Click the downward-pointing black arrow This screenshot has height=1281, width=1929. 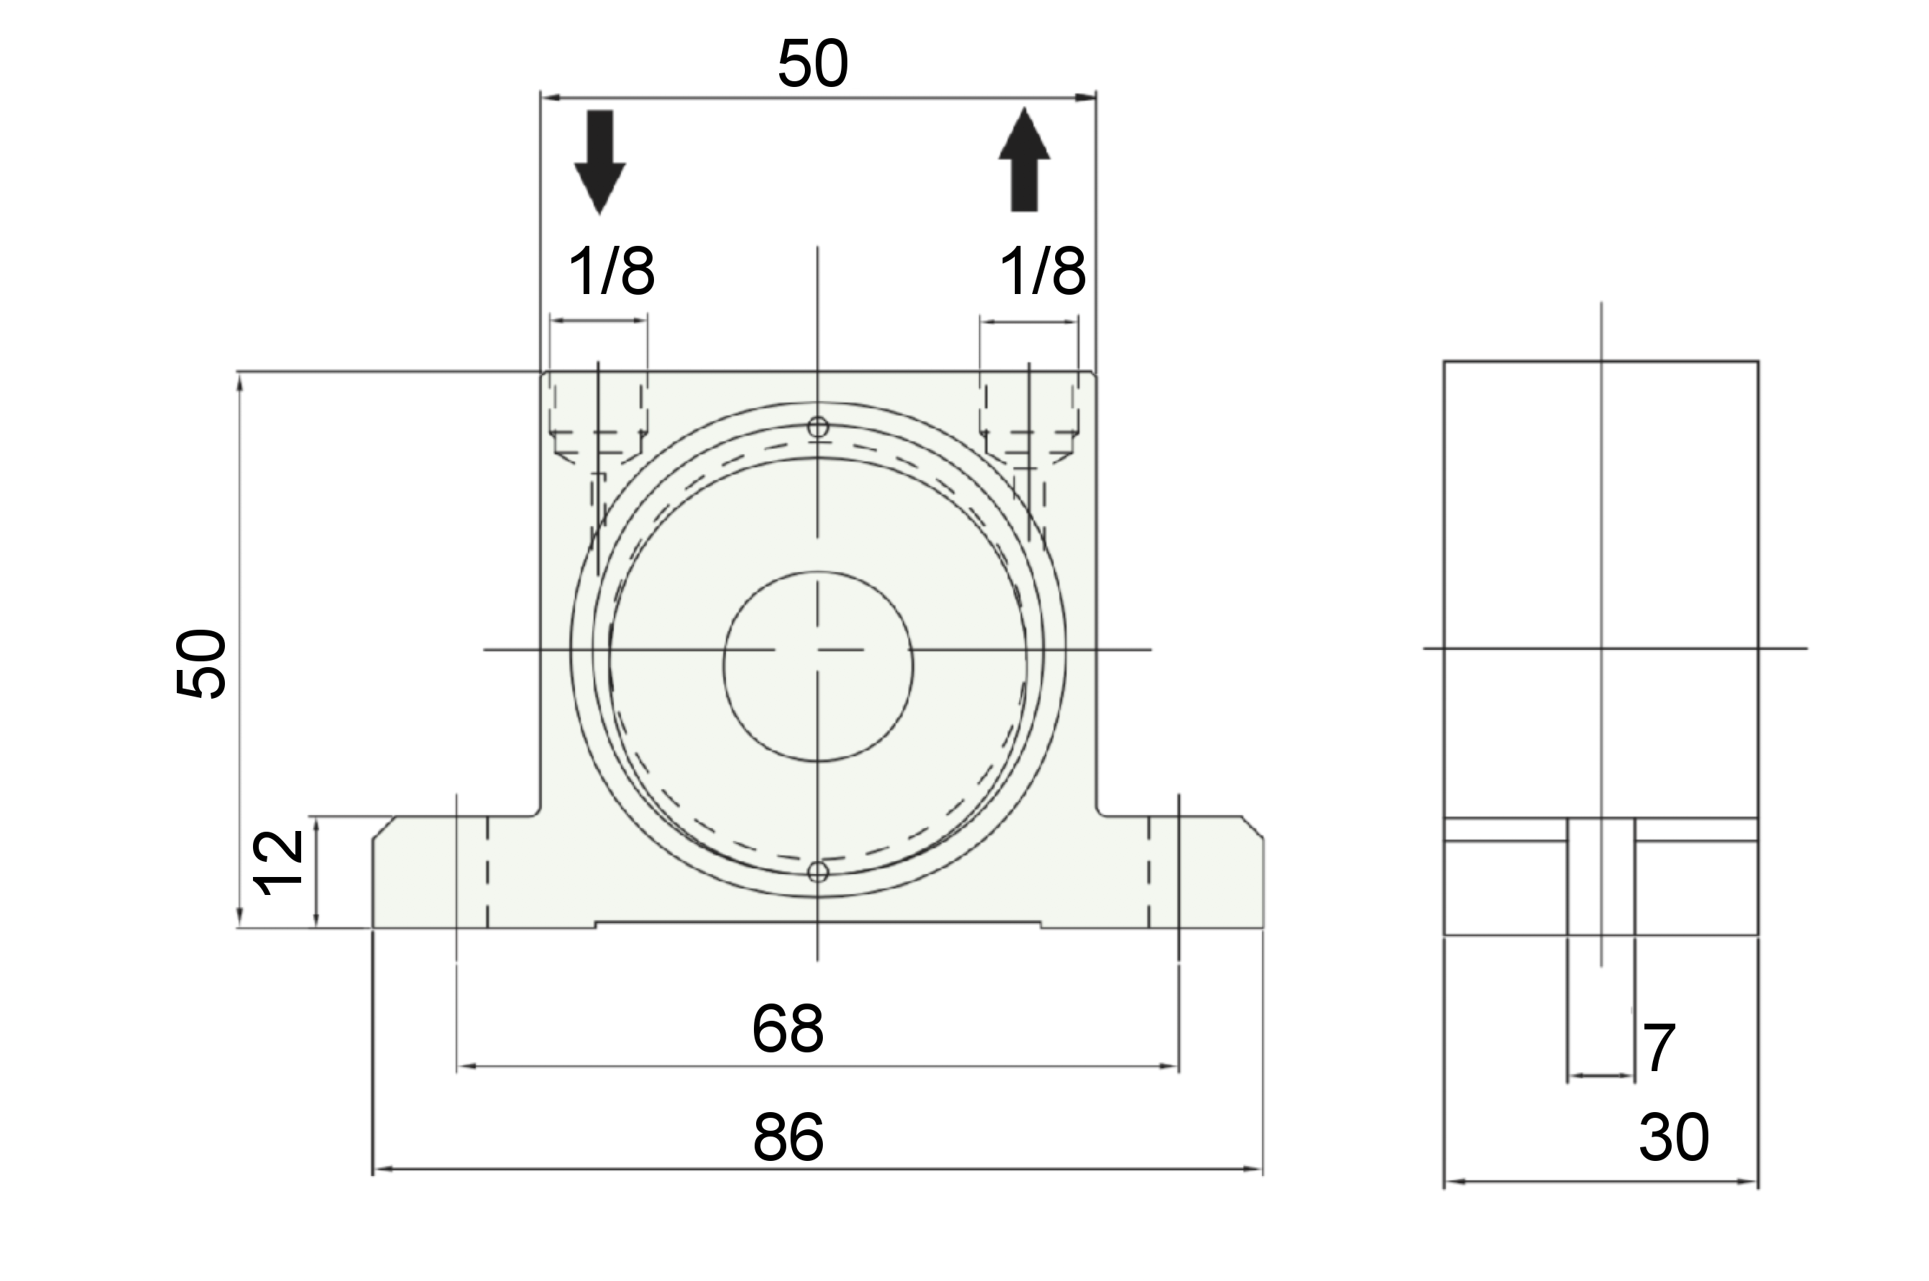[599, 162]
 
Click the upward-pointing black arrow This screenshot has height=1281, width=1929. [1024, 160]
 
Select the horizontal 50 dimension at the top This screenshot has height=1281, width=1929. [813, 64]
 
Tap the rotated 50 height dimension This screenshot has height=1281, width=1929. [201, 664]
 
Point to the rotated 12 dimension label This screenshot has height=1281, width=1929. [278, 863]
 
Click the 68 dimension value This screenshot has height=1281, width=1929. [787, 1029]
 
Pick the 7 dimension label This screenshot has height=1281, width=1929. [1659, 1048]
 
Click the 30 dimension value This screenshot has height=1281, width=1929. [1673, 1137]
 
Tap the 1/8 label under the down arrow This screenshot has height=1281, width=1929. [611, 271]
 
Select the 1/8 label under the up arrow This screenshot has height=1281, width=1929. [1043, 271]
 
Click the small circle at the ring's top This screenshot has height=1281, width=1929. [817, 427]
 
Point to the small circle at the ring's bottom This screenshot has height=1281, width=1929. [817, 873]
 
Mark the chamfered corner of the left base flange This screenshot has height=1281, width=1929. [384, 827]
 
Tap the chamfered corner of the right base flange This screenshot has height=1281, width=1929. [1253, 827]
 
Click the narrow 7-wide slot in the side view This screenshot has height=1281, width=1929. [1601, 876]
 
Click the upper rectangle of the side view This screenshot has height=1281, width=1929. [1601, 589]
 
